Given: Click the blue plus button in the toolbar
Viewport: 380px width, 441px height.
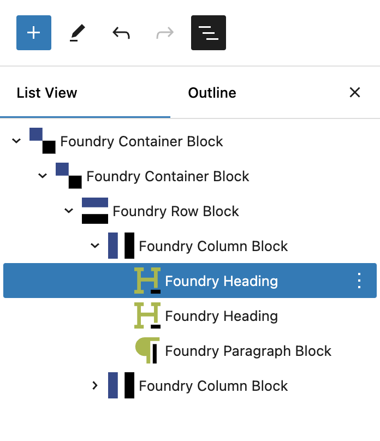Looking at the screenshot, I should click(34, 33).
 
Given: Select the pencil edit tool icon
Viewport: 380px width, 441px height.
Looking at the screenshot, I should click(77, 33).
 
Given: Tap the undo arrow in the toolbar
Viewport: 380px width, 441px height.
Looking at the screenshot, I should click(121, 33).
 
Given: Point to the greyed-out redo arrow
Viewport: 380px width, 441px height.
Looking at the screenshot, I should click(164, 33).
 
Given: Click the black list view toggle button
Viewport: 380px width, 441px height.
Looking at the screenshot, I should click(208, 33).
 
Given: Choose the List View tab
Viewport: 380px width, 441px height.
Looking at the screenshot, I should click(47, 93).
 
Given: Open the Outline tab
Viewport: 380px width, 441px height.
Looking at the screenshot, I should click(212, 93).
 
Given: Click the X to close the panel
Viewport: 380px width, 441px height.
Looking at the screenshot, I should click(355, 92).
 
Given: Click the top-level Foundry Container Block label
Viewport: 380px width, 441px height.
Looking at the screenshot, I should click(141, 141).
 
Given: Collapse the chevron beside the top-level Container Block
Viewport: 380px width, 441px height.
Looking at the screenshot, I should click(16, 141).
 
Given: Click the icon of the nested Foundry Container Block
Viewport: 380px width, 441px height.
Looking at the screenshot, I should click(69, 176).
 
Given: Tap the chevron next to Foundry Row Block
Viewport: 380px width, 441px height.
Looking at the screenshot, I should click(69, 211).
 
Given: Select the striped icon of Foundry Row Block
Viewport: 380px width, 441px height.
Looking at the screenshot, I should click(95, 211).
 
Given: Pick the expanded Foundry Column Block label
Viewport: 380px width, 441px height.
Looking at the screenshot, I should click(213, 246).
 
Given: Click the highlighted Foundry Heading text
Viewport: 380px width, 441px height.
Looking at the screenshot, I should click(221, 281).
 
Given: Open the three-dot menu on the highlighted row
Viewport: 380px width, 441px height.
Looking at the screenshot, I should click(359, 281).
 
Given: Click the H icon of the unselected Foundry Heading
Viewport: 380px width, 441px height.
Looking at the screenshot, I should click(147, 316).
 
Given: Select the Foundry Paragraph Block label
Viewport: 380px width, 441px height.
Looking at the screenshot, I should click(248, 351).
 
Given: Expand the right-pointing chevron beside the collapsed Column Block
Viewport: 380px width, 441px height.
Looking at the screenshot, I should click(95, 386).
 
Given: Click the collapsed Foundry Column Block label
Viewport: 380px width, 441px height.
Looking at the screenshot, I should click(213, 386).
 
